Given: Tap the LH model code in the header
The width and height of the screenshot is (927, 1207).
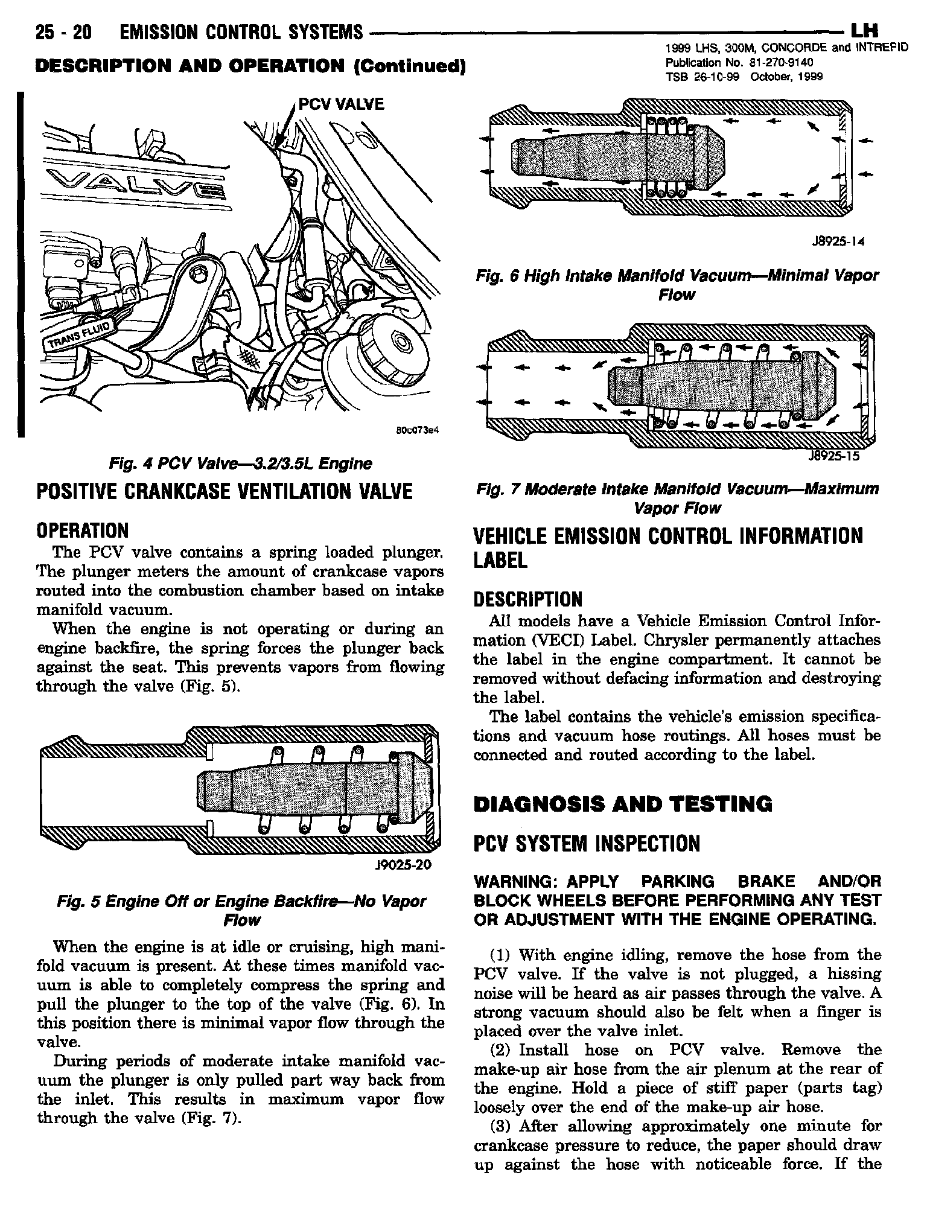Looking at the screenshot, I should [x=864, y=30].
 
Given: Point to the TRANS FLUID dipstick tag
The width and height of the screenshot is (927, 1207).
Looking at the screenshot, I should [x=80, y=335].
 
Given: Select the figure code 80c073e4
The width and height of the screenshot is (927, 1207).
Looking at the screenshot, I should [x=416, y=431].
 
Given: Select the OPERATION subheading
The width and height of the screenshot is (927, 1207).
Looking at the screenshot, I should [x=83, y=530].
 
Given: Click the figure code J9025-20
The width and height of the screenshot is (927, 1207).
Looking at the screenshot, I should [x=403, y=865].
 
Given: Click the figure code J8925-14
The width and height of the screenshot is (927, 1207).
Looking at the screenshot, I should [x=838, y=242].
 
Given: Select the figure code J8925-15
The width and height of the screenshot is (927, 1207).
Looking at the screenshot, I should [x=833, y=456].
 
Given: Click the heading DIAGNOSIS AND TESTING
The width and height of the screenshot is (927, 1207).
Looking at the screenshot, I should [x=623, y=804].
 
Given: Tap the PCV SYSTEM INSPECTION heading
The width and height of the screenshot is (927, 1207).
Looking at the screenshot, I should [x=587, y=844].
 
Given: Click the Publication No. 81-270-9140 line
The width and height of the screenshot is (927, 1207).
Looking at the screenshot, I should [x=739, y=63].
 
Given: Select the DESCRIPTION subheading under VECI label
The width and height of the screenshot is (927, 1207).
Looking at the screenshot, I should [x=528, y=599].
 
